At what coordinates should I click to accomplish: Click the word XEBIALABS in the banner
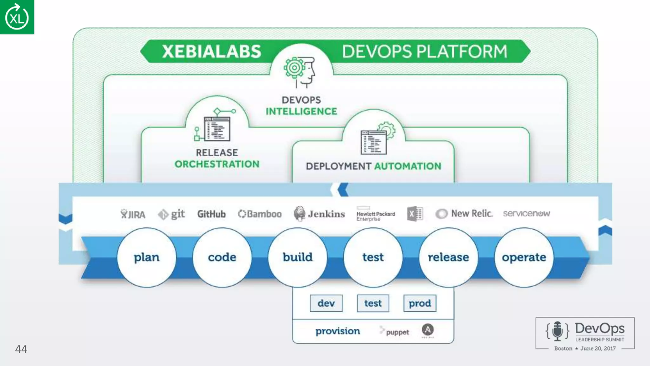(x=211, y=51)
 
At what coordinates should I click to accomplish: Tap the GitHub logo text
(x=211, y=214)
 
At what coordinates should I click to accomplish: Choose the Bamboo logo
(x=260, y=214)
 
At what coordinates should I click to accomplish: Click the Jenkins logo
(x=319, y=214)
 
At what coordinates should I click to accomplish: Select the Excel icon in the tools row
(x=415, y=214)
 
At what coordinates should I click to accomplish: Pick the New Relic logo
(x=464, y=214)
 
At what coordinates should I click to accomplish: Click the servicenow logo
(x=526, y=213)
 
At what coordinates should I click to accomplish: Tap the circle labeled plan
(x=147, y=257)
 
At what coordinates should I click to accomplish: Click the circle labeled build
(x=298, y=257)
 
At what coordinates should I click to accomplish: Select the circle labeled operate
(x=524, y=257)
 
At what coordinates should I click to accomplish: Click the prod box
(x=420, y=303)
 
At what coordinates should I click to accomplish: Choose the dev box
(x=326, y=303)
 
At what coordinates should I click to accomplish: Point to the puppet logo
(x=395, y=332)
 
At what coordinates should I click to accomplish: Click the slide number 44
(x=21, y=349)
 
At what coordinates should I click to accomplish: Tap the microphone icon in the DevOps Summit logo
(x=557, y=331)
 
